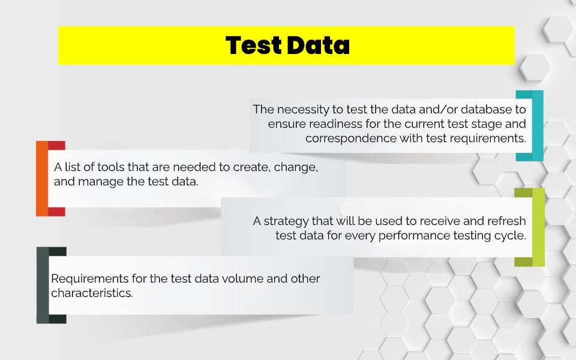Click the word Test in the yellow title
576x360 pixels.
(254, 46)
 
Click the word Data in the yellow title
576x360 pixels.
(318, 46)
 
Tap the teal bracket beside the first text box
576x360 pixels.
(538, 125)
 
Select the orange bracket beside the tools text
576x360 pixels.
(42, 179)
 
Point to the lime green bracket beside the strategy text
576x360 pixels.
(539, 227)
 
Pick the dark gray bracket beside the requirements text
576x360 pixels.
(43, 285)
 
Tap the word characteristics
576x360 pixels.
(92, 293)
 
